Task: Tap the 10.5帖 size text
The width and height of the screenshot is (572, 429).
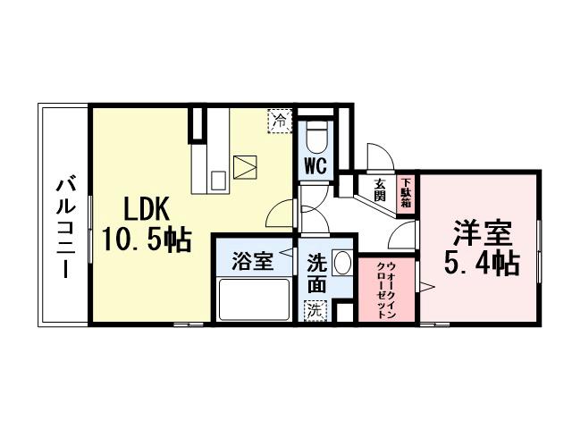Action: click(x=147, y=239)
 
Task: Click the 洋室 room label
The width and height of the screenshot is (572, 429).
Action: click(x=481, y=234)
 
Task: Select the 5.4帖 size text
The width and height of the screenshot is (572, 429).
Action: click(x=481, y=264)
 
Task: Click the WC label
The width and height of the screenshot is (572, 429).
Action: click(x=314, y=165)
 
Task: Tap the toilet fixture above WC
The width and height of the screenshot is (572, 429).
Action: click(x=316, y=137)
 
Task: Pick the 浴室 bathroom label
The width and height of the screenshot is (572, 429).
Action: click(x=252, y=262)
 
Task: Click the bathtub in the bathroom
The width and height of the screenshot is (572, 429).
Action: click(x=255, y=299)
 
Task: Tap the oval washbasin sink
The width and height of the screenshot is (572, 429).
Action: click(x=343, y=265)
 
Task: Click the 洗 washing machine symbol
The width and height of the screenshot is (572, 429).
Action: click(x=315, y=311)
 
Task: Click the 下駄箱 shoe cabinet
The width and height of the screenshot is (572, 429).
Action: click(x=406, y=192)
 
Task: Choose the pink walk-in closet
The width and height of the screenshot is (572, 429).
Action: click(x=387, y=291)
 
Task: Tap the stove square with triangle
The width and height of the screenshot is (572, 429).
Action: click(x=244, y=166)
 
